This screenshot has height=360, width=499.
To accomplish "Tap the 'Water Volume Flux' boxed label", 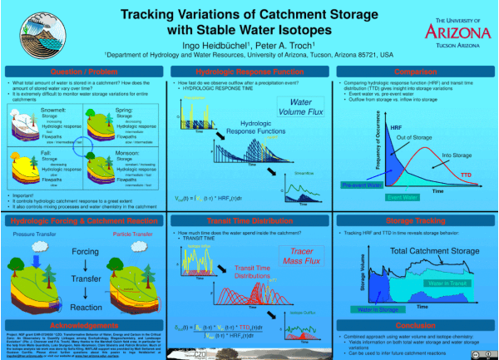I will (301, 106).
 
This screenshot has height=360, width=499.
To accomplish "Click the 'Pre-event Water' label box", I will (363, 185).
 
